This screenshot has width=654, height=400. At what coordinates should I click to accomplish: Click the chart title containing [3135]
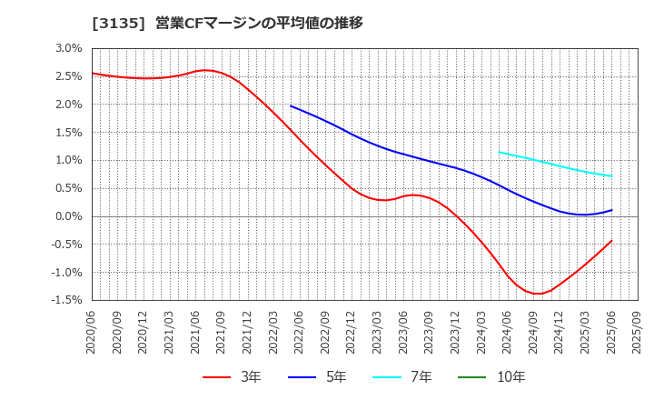(x=227, y=24)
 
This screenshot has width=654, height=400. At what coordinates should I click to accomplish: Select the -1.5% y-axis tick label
(x=66, y=300)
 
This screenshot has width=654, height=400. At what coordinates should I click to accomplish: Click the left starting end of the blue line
(x=291, y=105)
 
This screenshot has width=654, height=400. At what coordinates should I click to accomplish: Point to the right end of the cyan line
(x=611, y=176)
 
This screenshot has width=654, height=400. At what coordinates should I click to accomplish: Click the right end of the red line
(x=611, y=241)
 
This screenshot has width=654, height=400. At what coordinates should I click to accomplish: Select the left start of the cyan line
(x=499, y=152)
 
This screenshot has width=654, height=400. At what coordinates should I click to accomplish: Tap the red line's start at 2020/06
(x=93, y=74)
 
